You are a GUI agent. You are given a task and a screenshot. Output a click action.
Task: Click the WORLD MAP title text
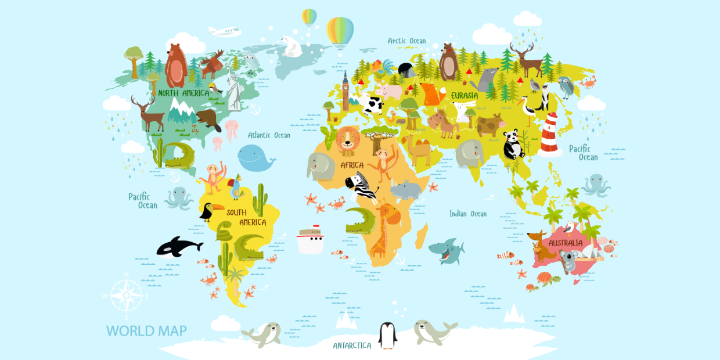(x=146, y=331)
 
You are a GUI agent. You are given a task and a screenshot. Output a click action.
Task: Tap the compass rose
(x=126, y=296)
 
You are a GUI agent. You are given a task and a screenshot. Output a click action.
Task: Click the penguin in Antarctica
(x=387, y=335)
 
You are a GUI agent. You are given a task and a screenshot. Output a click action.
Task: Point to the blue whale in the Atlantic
(x=255, y=158)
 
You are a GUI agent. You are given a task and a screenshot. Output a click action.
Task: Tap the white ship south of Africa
(x=310, y=240)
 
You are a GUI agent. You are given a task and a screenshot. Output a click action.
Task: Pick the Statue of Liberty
(x=235, y=91)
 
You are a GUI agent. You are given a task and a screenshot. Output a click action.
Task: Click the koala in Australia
(x=567, y=261)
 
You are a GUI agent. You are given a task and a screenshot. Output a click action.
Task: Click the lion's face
(x=348, y=139)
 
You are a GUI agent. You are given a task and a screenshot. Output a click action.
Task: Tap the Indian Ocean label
(x=468, y=214)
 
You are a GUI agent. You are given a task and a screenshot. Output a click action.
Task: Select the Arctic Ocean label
(x=406, y=41)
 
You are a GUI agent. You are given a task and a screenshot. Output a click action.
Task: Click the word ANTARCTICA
(x=352, y=345)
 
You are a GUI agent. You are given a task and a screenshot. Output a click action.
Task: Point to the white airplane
(x=224, y=31)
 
